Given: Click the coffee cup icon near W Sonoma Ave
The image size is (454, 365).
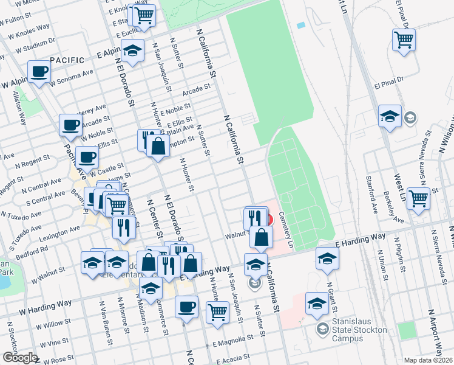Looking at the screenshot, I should [x=39, y=72].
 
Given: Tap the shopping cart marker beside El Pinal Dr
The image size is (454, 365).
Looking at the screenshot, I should [x=404, y=40].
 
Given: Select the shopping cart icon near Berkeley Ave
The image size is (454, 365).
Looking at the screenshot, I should [x=418, y=198].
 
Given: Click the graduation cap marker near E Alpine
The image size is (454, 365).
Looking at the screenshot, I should [x=132, y=50].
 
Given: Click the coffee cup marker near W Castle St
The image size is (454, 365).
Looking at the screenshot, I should [x=87, y=157].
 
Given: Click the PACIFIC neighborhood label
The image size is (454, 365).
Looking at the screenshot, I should [x=67, y=60].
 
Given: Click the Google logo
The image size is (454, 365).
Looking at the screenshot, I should [x=19, y=357].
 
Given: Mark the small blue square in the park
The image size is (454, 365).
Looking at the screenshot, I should [x=301, y=26].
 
